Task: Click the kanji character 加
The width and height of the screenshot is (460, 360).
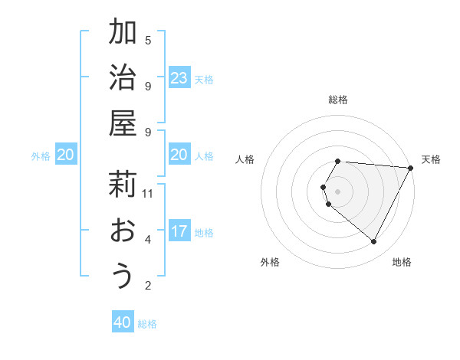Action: (123, 33)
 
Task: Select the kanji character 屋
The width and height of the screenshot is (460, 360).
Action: (123, 123)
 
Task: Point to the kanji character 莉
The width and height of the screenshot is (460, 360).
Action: (123, 186)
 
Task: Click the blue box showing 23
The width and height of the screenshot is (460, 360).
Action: (179, 78)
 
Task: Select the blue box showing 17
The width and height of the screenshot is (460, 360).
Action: (179, 231)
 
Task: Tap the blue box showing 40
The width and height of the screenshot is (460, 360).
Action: (123, 322)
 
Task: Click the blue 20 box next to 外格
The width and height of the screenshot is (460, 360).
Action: (66, 155)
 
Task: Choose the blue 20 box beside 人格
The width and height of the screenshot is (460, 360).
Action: (179, 155)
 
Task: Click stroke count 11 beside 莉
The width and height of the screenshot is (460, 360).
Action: (148, 193)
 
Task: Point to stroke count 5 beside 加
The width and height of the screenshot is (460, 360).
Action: (148, 40)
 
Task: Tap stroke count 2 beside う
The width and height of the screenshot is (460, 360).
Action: (148, 286)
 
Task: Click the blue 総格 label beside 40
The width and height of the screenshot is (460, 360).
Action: (147, 324)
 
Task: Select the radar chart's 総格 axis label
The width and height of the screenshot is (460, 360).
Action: (337, 100)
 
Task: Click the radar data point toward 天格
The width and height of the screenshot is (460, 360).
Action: (411, 168)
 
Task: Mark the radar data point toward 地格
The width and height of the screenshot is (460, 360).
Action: (374, 241)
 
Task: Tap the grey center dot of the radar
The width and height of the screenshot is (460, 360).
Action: (337, 191)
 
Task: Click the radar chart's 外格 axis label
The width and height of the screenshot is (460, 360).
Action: (270, 262)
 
